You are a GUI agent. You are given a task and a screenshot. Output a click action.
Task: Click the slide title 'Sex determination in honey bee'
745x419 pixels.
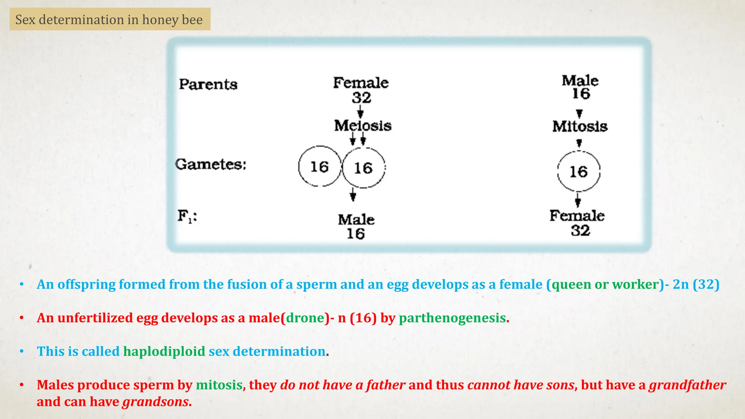pyautogui.click(x=109, y=20)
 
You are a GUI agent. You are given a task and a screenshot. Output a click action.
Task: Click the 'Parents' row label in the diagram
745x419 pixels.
pyautogui.click(x=208, y=84)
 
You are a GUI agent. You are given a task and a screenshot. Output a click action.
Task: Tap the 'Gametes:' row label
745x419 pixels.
pyautogui.click(x=211, y=164)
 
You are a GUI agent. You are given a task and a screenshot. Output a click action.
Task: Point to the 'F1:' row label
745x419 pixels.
pyautogui.click(x=187, y=216)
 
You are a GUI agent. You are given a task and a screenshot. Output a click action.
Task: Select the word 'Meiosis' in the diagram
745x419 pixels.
pyautogui.click(x=363, y=126)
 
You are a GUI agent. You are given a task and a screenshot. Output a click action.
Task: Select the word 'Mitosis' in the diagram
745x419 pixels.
pyautogui.click(x=580, y=127)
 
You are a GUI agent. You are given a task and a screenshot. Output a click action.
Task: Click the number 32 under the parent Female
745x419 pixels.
pyautogui.click(x=362, y=98)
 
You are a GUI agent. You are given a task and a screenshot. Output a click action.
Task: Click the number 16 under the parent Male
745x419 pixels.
pyautogui.click(x=581, y=94)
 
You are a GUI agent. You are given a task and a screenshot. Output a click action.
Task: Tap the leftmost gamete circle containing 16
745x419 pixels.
pyautogui.click(x=320, y=167)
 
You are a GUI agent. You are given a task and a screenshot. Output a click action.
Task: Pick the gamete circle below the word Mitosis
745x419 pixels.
pyautogui.click(x=578, y=171)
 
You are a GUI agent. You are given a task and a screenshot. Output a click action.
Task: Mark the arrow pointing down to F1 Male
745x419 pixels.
pyautogui.click(x=352, y=195)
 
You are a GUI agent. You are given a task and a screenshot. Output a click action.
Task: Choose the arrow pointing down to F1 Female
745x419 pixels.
pyautogui.click(x=578, y=200)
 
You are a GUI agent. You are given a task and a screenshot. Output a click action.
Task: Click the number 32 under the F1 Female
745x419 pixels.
pyautogui.click(x=580, y=231)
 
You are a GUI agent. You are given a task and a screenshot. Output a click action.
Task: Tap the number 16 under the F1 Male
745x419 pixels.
pyautogui.click(x=355, y=234)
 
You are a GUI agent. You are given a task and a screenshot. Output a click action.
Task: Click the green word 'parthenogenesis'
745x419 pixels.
pyautogui.click(x=452, y=318)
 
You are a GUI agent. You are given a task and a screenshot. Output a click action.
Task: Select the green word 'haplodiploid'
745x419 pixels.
pyautogui.click(x=164, y=352)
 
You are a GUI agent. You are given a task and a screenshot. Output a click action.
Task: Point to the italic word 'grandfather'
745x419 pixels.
pyautogui.click(x=688, y=385)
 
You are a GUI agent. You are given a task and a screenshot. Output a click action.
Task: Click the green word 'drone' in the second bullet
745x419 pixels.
pyautogui.click(x=305, y=318)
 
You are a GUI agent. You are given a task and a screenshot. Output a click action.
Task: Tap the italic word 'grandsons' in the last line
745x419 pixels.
pyautogui.click(x=155, y=402)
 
